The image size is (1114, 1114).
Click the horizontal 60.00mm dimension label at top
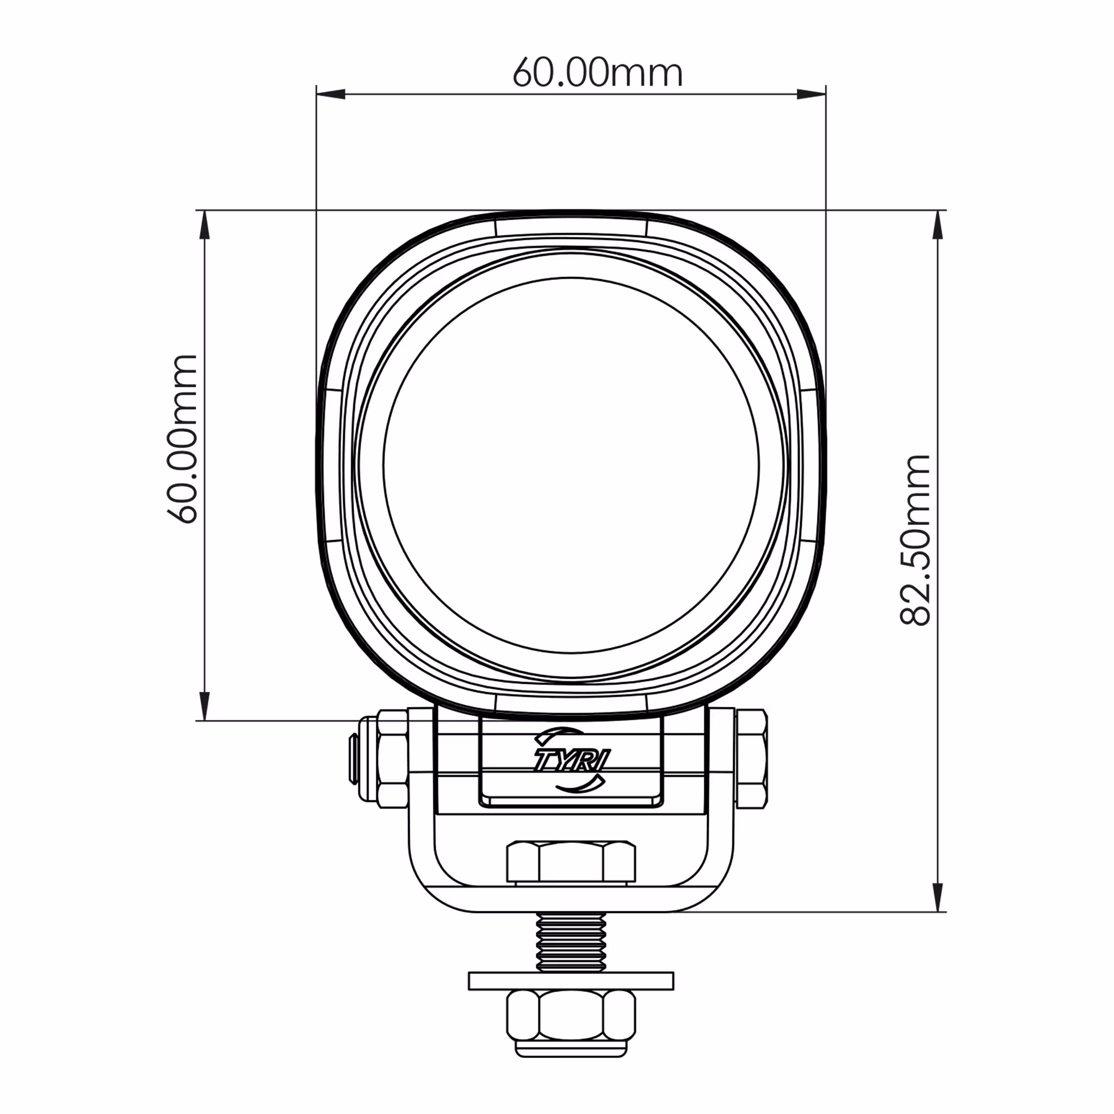(x=597, y=73)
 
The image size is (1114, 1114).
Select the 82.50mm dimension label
(x=915, y=540)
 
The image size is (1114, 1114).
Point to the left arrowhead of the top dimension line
(x=330, y=94)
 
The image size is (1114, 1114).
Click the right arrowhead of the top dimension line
(x=811, y=94)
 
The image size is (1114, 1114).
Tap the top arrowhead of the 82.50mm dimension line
(x=939, y=224)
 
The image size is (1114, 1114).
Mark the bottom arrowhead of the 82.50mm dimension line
(x=939, y=897)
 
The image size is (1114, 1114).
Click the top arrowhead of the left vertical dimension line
(x=204, y=224)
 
